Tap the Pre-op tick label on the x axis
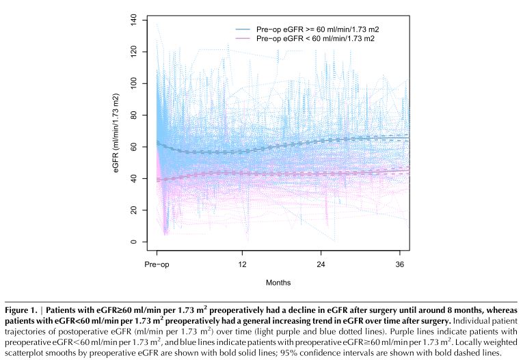tap(157, 264)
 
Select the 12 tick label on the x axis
tap(241, 264)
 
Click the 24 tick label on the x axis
tap(321, 264)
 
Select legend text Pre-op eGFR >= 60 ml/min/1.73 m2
tap(314, 30)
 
